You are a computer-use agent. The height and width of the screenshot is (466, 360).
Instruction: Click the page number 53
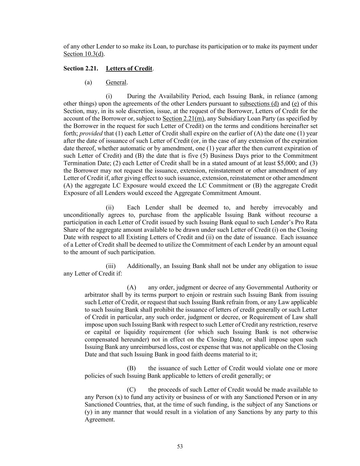click(180, 447)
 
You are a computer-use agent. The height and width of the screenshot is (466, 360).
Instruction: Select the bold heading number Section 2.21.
click(81, 68)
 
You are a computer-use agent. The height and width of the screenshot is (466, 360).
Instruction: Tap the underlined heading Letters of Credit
click(129, 68)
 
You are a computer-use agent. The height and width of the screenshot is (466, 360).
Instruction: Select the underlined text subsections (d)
click(259, 104)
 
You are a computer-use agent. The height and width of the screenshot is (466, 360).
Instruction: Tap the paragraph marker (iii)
click(111, 266)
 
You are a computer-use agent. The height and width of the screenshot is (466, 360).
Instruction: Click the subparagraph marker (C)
click(131, 390)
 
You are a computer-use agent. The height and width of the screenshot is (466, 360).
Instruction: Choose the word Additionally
click(144, 266)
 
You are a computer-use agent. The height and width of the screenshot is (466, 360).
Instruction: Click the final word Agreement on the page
click(99, 420)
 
